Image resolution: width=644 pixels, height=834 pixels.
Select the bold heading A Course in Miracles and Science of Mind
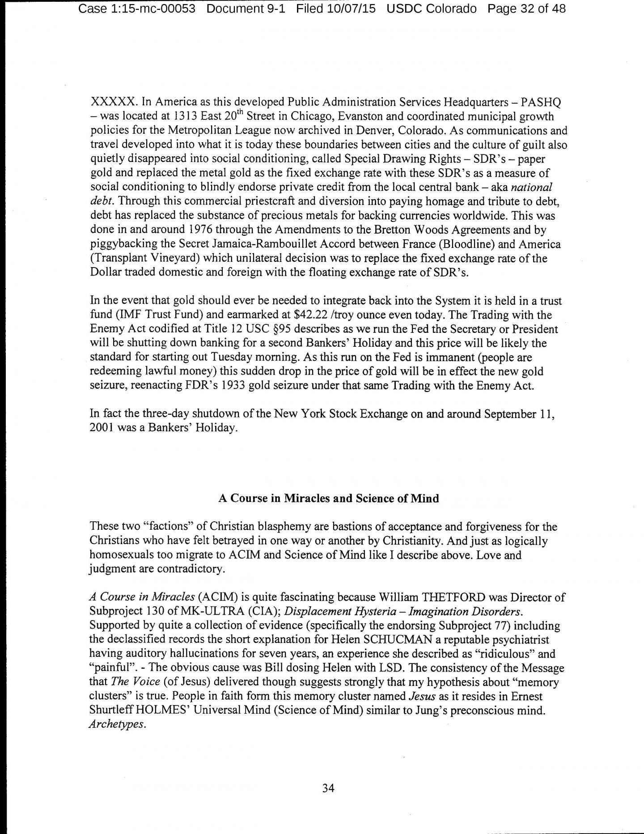[328, 498]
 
